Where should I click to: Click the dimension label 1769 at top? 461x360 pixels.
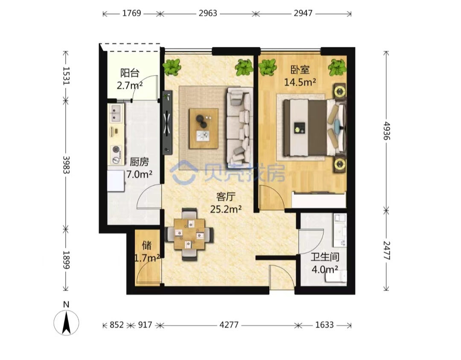pyautogui.click(x=132, y=13)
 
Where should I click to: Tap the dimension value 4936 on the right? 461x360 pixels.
pyautogui.click(x=387, y=131)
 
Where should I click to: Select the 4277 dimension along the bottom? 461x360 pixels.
pyautogui.click(x=229, y=325)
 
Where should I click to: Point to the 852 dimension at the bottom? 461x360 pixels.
pyautogui.click(x=117, y=325)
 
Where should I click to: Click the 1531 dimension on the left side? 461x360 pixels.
pyautogui.click(x=66, y=76)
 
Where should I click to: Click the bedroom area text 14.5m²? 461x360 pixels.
pyautogui.click(x=300, y=82)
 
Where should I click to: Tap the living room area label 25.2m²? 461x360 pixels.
pyautogui.click(x=226, y=209)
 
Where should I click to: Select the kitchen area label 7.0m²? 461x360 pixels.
pyautogui.click(x=139, y=174)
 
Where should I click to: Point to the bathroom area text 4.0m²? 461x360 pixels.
pyautogui.click(x=324, y=269)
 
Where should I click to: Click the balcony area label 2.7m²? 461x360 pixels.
pyautogui.click(x=130, y=85)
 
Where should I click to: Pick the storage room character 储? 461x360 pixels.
pyautogui.click(x=147, y=245)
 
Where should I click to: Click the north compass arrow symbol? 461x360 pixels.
pyautogui.click(x=67, y=322)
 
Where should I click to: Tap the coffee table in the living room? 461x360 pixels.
pyautogui.click(x=204, y=128)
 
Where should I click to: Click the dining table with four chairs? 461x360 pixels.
pyautogui.click(x=190, y=234)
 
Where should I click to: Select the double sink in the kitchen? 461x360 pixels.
pyautogui.click(x=117, y=113)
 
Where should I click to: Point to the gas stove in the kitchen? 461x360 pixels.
pyautogui.click(x=117, y=155)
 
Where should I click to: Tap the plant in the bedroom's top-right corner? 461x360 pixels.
pyautogui.click(x=337, y=67)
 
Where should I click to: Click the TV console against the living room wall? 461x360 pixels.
pyautogui.click(x=168, y=122)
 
